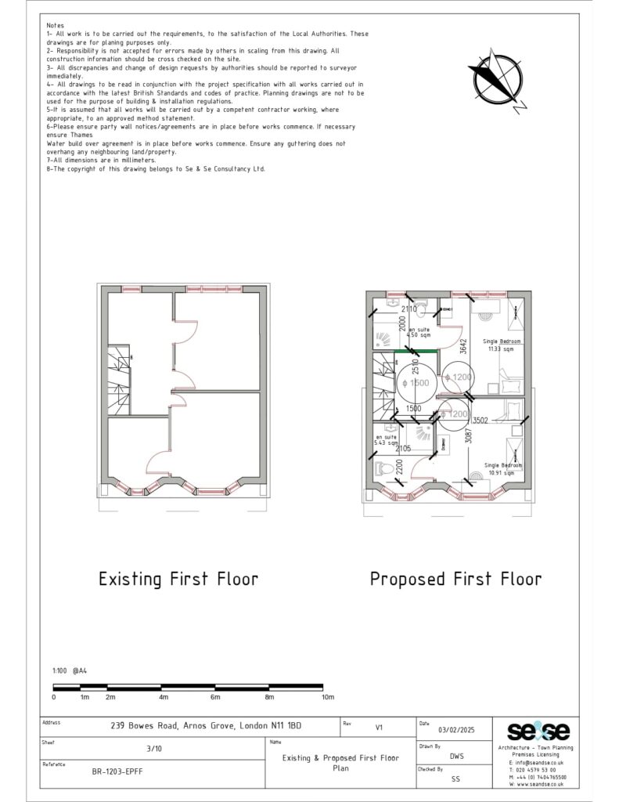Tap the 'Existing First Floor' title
[x=178, y=580]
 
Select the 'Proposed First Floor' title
[x=455, y=580]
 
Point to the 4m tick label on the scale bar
[x=164, y=697]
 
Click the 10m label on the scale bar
[x=327, y=697]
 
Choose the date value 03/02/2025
[x=457, y=728]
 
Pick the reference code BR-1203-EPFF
[x=118, y=771]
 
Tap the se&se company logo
[x=538, y=732]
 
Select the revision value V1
[x=379, y=728]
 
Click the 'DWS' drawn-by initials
[x=456, y=757]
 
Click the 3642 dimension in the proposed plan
[x=463, y=345]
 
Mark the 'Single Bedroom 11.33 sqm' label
[x=502, y=345]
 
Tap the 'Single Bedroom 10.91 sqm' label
[x=502, y=469]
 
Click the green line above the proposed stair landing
[x=416, y=352]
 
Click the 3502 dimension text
[x=480, y=421]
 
